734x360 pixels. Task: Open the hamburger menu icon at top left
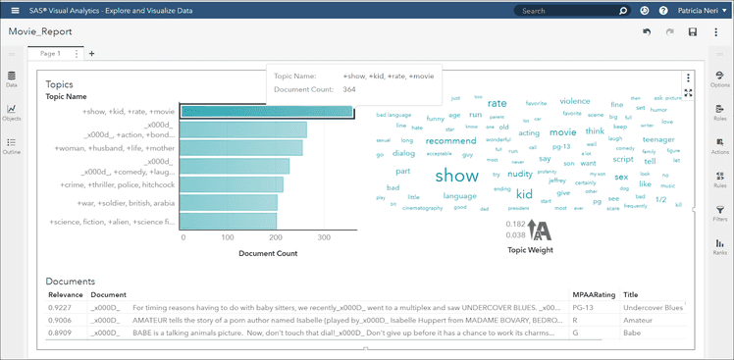[x=15, y=11]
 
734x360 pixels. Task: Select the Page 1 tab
[x=51, y=53]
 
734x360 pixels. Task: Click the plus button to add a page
[x=91, y=53]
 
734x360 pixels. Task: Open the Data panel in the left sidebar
[x=12, y=79]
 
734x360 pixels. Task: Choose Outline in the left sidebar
[x=12, y=146]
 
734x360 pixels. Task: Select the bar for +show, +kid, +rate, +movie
[x=267, y=112]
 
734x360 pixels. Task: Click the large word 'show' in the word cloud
[x=456, y=176]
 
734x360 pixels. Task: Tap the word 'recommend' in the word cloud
[x=450, y=141]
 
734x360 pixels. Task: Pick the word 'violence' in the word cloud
[x=574, y=101]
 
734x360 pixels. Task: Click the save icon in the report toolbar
[x=693, y=32]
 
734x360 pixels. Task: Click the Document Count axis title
[x=268, y=253]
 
